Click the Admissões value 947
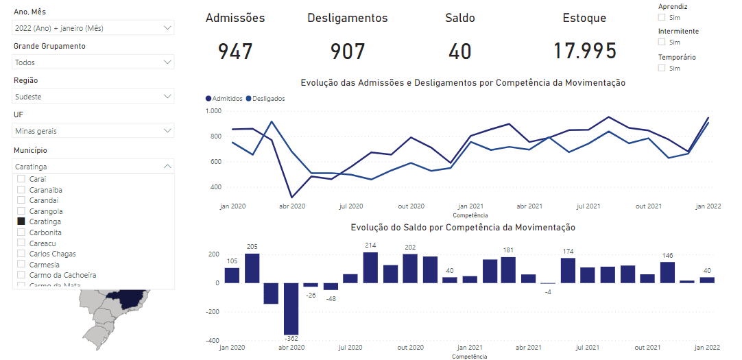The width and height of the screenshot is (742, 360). tap(235, 51)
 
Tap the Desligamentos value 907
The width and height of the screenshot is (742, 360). tap(348, 51)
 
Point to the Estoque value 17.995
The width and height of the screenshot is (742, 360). tap(585, 51)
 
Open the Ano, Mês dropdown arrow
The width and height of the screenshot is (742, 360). tap(168, 28)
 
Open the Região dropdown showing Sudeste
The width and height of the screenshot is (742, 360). tap(93, 97)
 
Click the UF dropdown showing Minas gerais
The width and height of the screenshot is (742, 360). tap(93, 130)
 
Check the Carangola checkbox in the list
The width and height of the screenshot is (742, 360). tap(21, 211)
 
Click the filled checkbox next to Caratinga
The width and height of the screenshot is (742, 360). tap(21, 221)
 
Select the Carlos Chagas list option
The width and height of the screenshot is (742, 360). tap(52, 254)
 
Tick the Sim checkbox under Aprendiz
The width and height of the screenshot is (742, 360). tap(662, 17)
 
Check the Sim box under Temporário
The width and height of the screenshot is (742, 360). tap(662, 68)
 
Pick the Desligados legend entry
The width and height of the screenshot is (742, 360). tap(265, 99)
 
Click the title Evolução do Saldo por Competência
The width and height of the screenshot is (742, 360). tap(462, 227)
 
